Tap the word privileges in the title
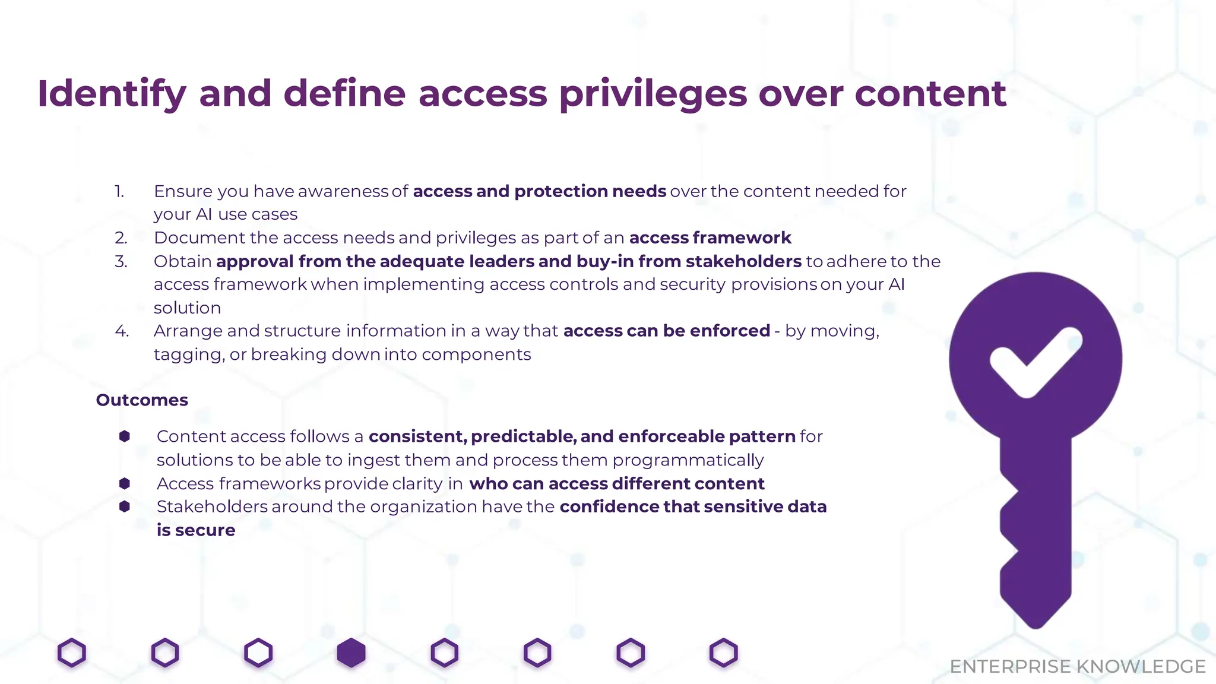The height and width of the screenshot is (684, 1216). tap(653, 94)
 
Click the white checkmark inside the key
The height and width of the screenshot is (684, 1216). tap(1035, 361)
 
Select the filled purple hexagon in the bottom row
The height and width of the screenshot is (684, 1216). tap(351, 653)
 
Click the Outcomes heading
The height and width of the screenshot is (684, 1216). tap(142, 400)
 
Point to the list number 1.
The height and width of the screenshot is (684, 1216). tap(119, 191)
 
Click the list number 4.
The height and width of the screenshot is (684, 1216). tap(122, 331)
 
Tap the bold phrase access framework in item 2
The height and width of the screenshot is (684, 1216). tap(710, 238)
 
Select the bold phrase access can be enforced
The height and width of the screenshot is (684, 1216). tap(666, 331)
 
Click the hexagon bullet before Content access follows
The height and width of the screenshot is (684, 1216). tap(125, 436)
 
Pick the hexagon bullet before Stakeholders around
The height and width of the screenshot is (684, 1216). tap(125, 506)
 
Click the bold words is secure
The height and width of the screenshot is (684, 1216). tap(196, 530)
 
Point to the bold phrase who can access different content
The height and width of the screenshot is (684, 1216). tap(616, 484)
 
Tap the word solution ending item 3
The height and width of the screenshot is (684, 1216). tap(187, 308)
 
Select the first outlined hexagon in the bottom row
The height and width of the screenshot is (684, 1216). tap(72, 653)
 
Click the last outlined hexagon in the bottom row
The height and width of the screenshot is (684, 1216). tap(723, 653)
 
